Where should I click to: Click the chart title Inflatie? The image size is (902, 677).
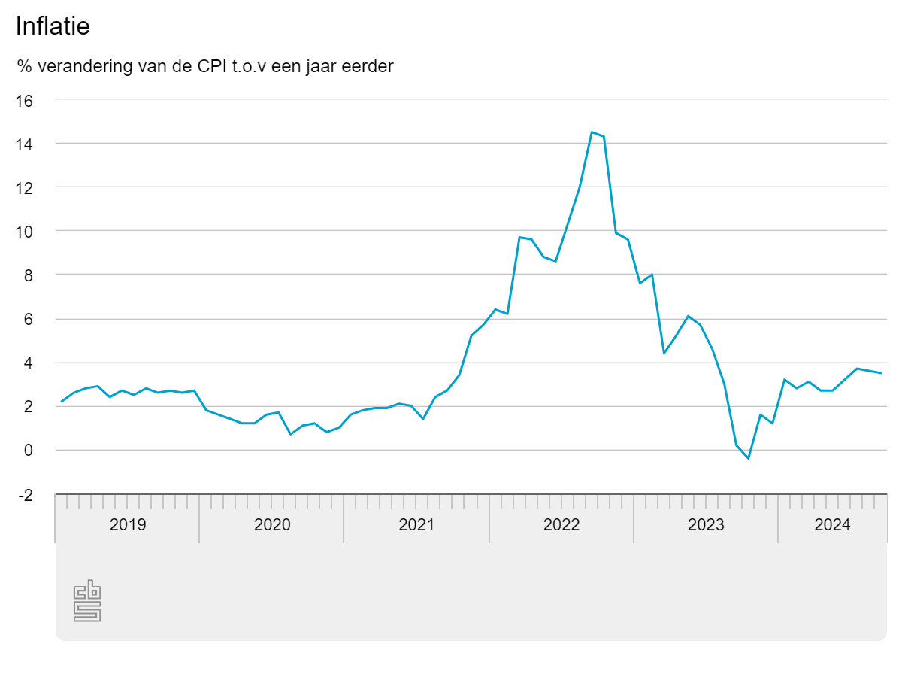(53, 27)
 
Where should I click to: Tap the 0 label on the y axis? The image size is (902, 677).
(28, 451)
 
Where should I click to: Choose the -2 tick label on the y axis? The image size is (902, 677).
(25, 495)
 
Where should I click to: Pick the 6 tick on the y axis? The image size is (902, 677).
(28, 319)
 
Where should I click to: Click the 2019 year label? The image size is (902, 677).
(128, 525)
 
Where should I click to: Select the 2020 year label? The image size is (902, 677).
(272, 525)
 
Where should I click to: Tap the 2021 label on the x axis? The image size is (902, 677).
(416, 525)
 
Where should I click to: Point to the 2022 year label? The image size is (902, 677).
(561, 525)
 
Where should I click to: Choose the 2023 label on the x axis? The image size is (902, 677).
(706, 525)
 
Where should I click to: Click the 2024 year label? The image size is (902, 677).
(832, 525)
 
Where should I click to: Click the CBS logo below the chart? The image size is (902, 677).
(87, 601)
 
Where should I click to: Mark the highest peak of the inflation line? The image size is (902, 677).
(592, 132)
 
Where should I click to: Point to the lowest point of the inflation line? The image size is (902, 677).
(748, 458)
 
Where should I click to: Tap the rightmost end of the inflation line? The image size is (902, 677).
(881, 373)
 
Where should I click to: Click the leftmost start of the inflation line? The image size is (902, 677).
(62, 402)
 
